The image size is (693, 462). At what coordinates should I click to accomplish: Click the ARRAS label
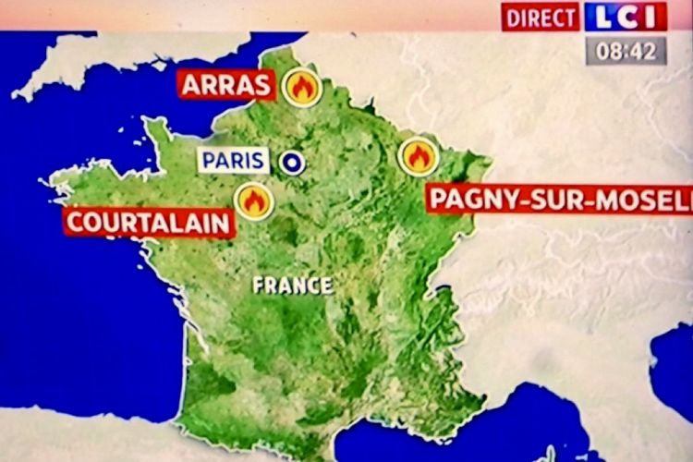(227, 85)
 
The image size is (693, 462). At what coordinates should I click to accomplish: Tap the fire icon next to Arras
(302, 87)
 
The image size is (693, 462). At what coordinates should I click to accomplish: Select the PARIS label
(234, 161)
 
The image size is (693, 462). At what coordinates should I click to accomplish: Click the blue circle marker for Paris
(293, 163)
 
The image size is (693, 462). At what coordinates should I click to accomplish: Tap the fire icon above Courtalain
(253, 200)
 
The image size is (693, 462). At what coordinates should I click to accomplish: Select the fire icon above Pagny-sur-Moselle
(418, 156)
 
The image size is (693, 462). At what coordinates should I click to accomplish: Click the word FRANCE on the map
(293, 285)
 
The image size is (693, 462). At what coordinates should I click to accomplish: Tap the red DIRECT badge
(541, 18)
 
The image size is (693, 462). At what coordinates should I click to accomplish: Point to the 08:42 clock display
(626, 51)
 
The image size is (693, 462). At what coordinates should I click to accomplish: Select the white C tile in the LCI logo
(626, 17)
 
